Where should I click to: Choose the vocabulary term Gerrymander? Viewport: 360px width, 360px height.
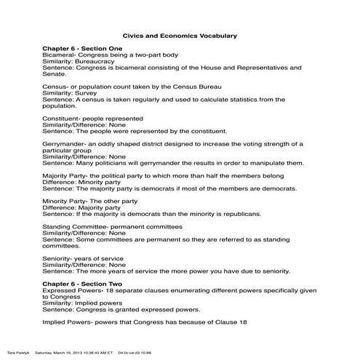[x=66, y=143]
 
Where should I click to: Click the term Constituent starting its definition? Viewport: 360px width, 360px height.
[x=63, y=118]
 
